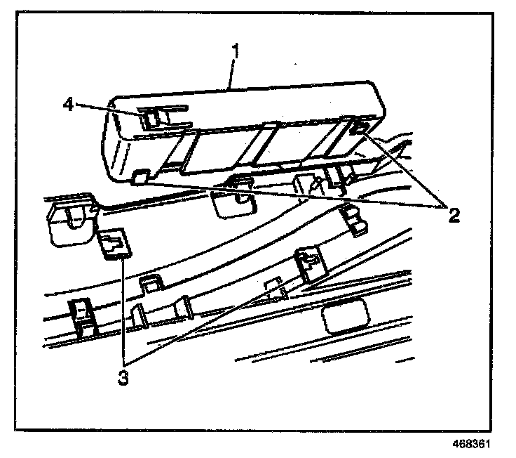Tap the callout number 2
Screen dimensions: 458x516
point(454,215)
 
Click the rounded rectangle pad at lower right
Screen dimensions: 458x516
point(346,316)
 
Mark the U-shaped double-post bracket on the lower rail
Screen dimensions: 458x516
point(162,310)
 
